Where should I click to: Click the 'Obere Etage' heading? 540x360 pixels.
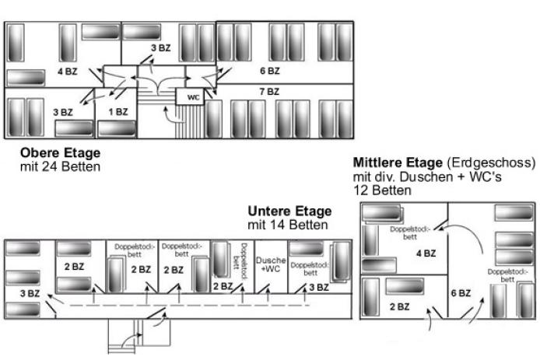(x=60, y=153)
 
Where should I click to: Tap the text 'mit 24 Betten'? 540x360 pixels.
(x=60, y=166)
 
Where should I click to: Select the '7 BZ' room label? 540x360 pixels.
(x=268, y=92)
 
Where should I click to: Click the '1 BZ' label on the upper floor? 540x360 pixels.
(x=117, y=112)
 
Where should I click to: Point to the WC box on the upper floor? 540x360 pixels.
(x=193, y=97)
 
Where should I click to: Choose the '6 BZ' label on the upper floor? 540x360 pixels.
(x=269, y=71)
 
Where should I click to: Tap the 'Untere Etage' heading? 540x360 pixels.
(x=289, y=211)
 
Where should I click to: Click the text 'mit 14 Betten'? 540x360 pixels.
(x=287, y=225)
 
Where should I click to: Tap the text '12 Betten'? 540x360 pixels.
(x=381, y=189)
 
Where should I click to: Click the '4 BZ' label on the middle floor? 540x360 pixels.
(x=426, y=253)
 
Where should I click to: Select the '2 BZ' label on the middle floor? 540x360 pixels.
(x=398, y=306)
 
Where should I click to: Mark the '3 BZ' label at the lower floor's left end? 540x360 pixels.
(x=30, y=292)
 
